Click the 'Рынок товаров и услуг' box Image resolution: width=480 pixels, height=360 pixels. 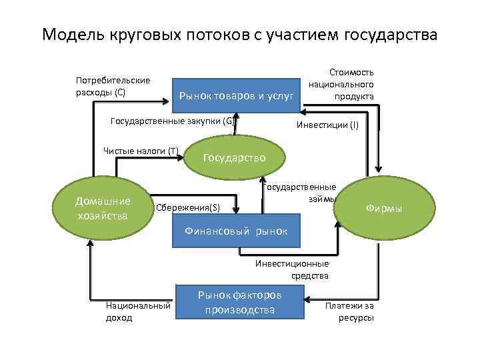[x=236, y=97]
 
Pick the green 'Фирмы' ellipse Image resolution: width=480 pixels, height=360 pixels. [x=383, y=208]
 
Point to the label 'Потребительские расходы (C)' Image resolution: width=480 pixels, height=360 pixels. [x=113, y=86]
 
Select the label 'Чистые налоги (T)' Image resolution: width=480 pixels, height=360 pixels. [x=141, y=151]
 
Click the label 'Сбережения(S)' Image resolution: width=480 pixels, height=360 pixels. [x=187, y=208]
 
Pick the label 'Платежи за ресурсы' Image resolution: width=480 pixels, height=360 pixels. [x=349, y=311]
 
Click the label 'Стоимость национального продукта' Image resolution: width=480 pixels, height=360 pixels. [x=341, y=84]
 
